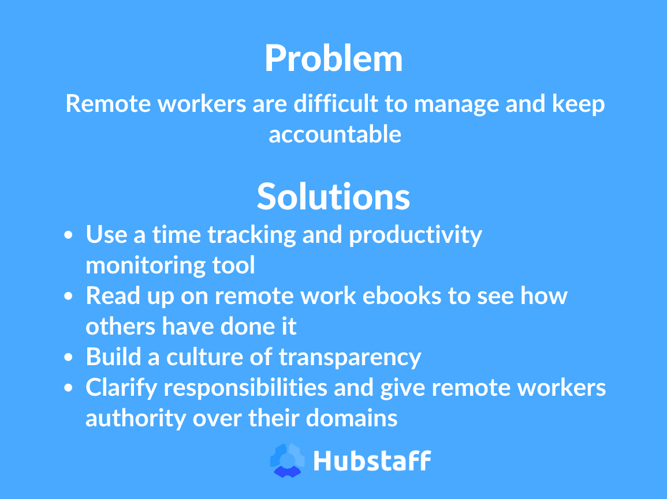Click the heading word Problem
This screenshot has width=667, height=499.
click(333, 59)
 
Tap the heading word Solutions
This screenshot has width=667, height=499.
click(333, 197)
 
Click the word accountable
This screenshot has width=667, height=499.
click(335, 134)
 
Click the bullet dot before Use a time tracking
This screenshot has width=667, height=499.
click(69, 235)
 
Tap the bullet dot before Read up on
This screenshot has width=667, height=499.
click(69, 297)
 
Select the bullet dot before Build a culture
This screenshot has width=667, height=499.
click(69, 358)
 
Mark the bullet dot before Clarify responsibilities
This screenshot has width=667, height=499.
click(69, 388)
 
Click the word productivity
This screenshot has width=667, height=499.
click(415, 235)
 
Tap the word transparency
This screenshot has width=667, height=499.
click(350, 358)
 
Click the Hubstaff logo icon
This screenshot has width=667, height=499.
click(288, 460)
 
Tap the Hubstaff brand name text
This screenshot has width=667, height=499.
click(372, 461)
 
